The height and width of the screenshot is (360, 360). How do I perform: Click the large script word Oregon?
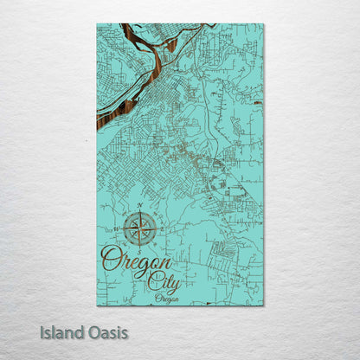click(136, 260)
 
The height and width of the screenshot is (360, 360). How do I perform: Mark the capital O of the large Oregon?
click(110, 258)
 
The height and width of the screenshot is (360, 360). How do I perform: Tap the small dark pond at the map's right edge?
click(258, 102)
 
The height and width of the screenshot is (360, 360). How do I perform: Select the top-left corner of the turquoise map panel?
click(97, 23)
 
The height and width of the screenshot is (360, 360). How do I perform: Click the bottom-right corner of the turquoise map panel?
click(264, 305)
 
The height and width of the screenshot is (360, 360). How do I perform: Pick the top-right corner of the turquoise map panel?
click(264, 23)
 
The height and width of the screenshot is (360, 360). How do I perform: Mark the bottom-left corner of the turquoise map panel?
click(97, 305)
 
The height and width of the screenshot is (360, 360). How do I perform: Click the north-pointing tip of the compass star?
click(140, 213)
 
